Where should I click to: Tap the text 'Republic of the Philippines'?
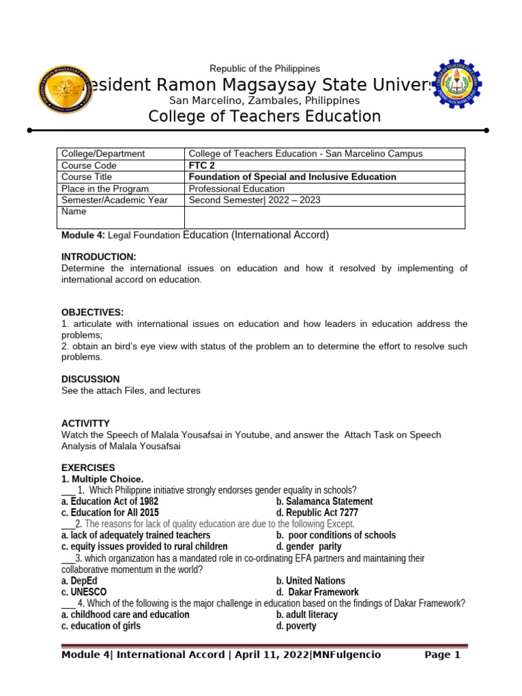(x=264, y=69)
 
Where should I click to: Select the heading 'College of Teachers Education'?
(x=264, y=117)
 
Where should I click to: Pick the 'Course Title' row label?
(x=89, y=177)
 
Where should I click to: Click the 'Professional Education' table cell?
(x=237, y=188)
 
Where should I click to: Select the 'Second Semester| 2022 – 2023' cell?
(x=254, y=200)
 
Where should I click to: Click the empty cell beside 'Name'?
(x=324, y=217)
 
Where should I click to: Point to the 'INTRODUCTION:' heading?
(x=99, y=256)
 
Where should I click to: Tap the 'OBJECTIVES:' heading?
(x=92, y=312)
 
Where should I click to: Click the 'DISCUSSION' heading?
(x=90, y=379)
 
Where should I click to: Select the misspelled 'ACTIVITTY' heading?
(x=85, y=423)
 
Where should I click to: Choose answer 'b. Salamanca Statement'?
(x=324, y=502)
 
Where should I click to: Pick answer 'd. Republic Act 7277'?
(x=317, y=512)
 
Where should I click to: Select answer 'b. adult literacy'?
(x=307, y=614)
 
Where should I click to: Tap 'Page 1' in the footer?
(x=442, y=655)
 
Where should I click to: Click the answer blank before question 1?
(x=68, y=491)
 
